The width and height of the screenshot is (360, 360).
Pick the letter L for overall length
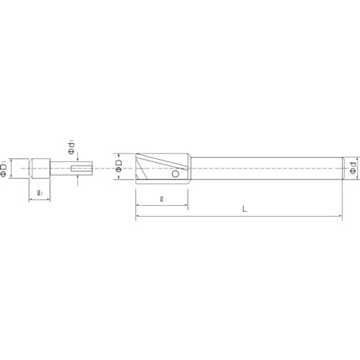click(245, 210)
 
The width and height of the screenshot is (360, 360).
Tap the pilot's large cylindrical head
click(39, 169)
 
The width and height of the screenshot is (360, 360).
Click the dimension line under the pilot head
click(39, 201)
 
